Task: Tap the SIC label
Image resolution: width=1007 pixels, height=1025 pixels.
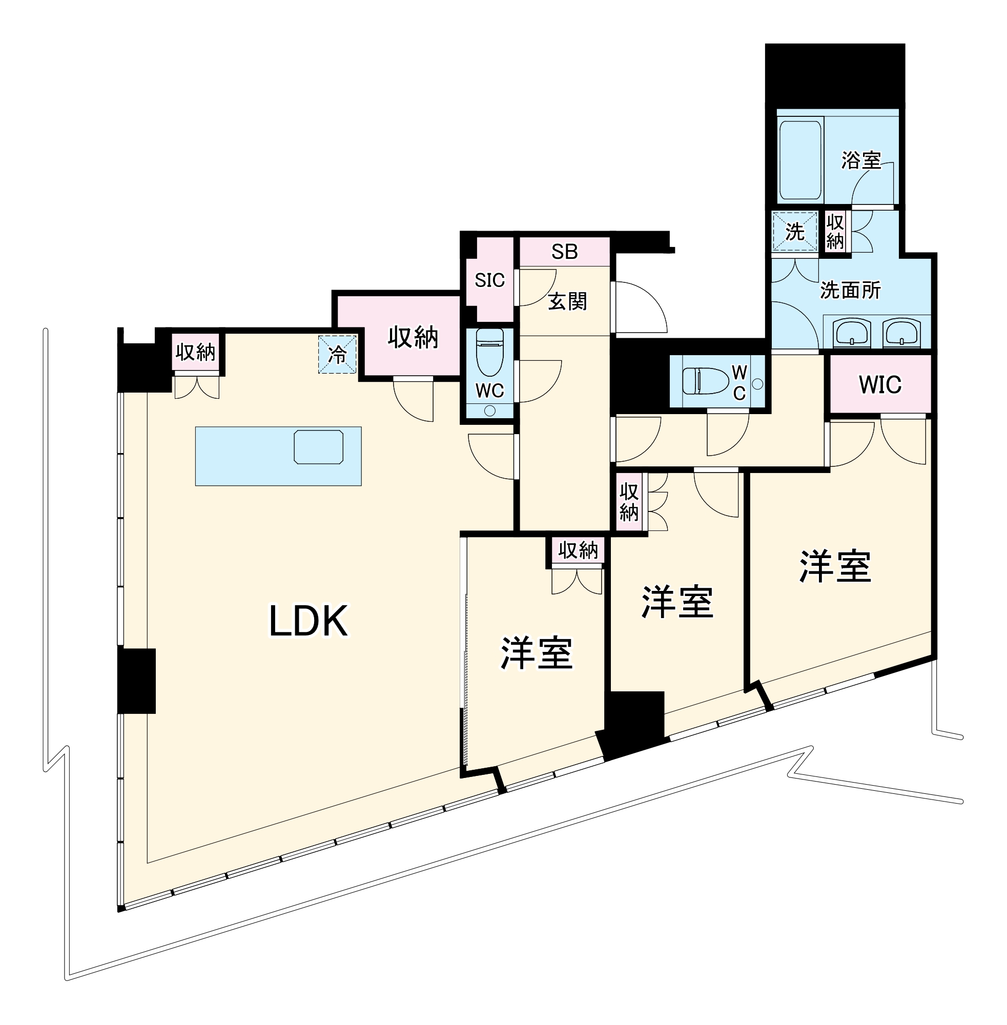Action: [x=489, y=280]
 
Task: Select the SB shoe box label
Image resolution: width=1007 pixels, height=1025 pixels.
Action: [x=564, y=252]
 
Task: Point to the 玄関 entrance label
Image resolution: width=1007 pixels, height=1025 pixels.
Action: [x=567, y=301]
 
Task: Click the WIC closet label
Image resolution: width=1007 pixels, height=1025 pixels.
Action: [x=879, y=384]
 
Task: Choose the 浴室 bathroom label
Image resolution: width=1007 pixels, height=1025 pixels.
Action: [x=861, y=160]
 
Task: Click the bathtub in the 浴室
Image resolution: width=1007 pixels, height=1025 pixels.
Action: [x=800, y=160]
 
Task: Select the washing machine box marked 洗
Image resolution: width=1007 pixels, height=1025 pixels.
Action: [x=794, y=232]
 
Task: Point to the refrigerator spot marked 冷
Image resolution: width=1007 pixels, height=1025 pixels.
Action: [x=337, y=354]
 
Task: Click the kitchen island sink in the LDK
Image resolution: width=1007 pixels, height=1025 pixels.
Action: [x=318, y=447]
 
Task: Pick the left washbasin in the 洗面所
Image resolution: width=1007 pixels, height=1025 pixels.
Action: [x=852, y=333]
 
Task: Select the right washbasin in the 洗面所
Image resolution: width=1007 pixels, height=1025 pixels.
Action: [x=902, y=333]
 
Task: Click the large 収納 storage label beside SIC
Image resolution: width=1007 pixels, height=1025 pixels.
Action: [x=413, y=337]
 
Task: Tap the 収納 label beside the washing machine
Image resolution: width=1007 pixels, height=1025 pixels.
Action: [x=835, y=232]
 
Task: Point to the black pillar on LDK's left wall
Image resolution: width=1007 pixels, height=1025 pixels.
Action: [x=136, y=681]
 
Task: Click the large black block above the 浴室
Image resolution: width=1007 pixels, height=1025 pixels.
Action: [x=835, y=76]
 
